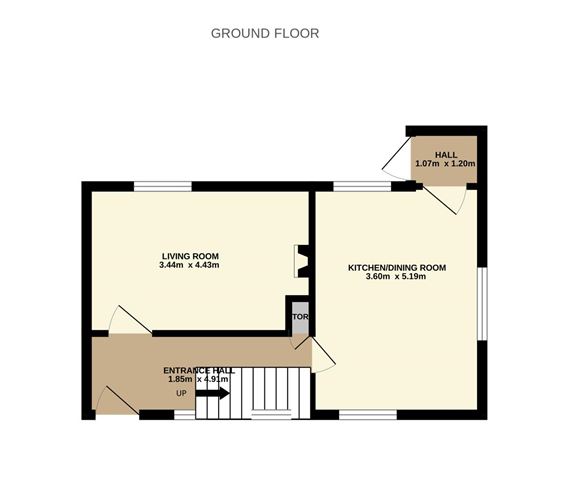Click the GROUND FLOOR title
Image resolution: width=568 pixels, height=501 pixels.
[x=265, y=33]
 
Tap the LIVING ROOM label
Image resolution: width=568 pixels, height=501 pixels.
[x=190, y=255]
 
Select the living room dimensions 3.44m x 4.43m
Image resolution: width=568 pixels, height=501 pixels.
[x=189, y=265]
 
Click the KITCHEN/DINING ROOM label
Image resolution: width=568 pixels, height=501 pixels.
[x=396, y=268]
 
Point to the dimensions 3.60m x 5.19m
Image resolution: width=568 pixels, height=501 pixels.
[x=396, y=278]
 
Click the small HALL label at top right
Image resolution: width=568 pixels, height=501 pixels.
[x=446, y=154]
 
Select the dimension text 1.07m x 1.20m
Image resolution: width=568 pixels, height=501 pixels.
[x=445, y=163]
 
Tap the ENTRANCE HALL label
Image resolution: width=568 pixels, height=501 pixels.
[x=199, y=370]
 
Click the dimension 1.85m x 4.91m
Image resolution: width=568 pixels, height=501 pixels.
[x=199, y=380]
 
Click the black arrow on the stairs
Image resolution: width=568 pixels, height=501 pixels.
[x=213, y=393]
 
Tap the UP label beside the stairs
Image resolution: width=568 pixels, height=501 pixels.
[x=181, y=393]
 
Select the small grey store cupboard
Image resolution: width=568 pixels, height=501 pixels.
[x=299, y=318]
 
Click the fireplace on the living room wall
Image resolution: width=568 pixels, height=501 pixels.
[x=301, y=261]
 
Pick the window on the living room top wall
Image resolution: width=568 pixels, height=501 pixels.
[x=163, y=185]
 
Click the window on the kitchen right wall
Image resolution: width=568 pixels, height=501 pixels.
[x=483, y=302]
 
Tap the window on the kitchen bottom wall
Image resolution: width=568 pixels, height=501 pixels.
[x=368, y=413]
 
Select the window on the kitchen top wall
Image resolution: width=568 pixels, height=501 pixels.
[x=362, y=185]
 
